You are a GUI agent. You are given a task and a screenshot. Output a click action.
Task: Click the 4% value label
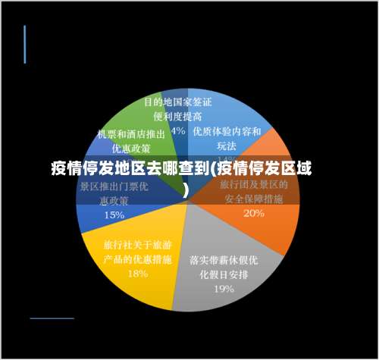point(178,130)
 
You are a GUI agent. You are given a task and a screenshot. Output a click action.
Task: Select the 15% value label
point(114,214)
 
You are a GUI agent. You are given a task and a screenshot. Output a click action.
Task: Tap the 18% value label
point(137,274)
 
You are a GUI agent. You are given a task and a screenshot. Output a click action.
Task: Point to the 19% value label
point(223,288)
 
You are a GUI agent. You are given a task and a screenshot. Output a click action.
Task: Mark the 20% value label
point(254,213)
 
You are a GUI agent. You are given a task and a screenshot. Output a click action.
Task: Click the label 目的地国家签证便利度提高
point(178,108)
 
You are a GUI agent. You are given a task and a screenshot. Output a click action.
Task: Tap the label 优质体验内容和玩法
point(227,138)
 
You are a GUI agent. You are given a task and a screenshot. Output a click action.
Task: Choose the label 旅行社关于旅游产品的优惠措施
point(137,252)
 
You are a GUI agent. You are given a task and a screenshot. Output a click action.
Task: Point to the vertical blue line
point(25,44)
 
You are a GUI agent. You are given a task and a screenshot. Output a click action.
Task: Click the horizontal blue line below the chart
point(52,318)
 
